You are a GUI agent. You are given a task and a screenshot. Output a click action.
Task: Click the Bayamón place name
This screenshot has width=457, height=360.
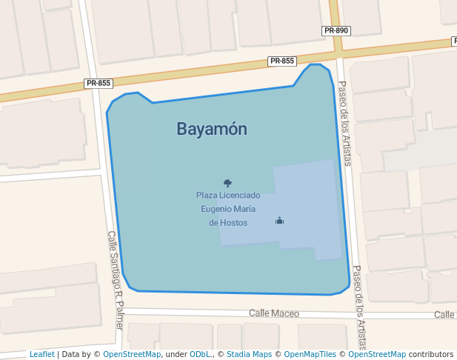[x=212, y=129]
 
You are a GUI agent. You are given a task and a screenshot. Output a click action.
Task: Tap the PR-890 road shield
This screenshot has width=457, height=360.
[x=336, y=31]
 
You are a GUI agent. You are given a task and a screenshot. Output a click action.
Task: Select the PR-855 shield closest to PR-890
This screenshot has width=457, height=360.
[x=282, y=61]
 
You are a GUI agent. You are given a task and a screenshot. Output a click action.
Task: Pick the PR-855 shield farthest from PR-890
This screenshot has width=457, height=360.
[x=99, y=83]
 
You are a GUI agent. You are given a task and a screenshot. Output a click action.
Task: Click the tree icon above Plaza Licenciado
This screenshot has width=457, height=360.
[x=227, y=182]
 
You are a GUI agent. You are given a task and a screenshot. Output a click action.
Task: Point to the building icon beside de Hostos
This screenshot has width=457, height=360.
[x=279, y=220]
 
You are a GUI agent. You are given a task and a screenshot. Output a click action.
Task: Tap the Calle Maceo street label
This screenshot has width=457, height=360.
[x=274, y=313]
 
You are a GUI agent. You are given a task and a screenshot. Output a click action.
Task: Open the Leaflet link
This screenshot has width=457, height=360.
[x=41, y=354]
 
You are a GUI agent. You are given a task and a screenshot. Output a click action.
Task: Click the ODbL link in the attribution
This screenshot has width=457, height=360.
[x=201, y=354]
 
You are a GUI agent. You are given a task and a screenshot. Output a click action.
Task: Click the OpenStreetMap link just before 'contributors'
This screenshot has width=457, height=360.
[x=377, y=354]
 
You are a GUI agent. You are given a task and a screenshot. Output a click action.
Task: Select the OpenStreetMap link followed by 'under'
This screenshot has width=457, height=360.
[x=132, y=354]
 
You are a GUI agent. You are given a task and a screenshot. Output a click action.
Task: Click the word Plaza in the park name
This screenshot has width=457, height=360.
[x=207, y=196]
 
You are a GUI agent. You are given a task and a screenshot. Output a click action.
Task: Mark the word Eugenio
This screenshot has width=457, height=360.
[x=217, y=209]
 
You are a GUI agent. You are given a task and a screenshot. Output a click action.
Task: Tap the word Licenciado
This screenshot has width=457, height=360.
[x=240, y=196]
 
